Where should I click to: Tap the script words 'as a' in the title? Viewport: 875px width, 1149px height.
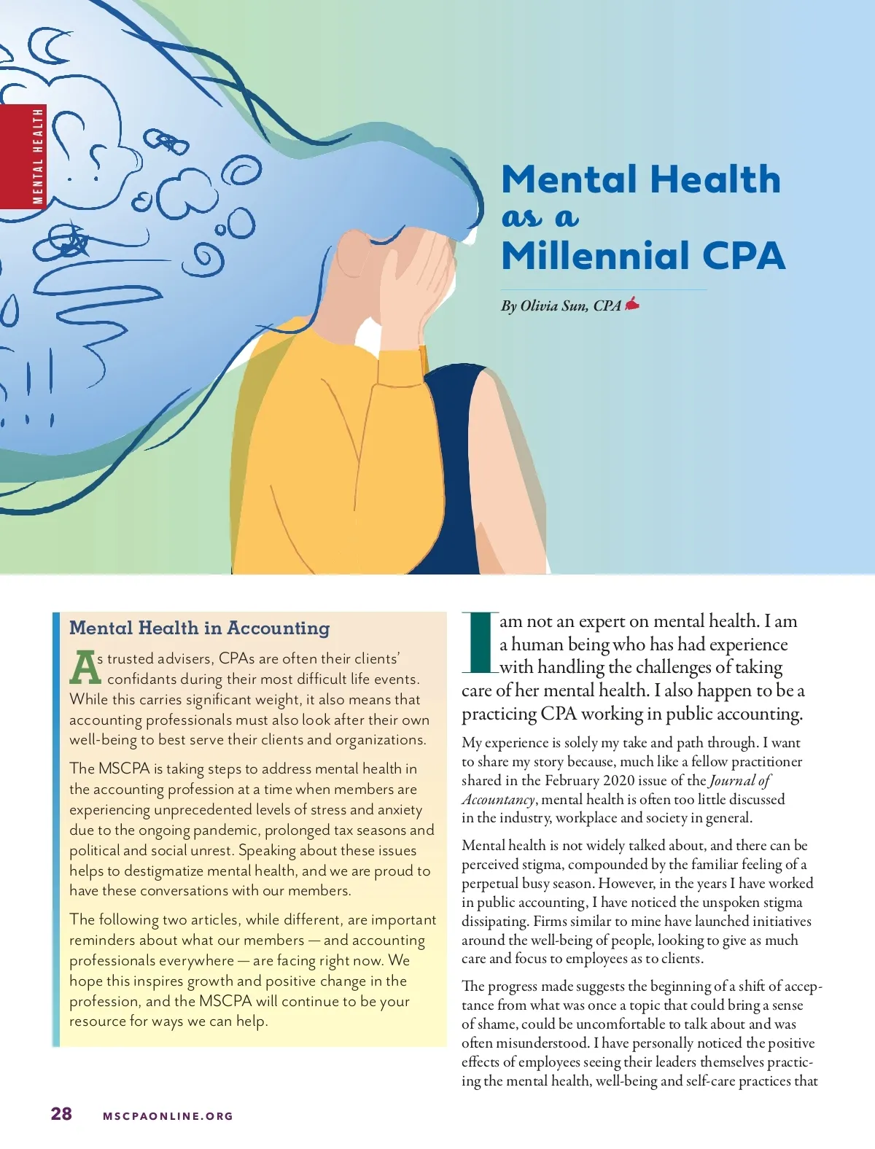540,217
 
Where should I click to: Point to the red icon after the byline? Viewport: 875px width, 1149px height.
632,303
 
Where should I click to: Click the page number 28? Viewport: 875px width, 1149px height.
61,1113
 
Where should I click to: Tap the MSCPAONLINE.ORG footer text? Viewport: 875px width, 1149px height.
168,1115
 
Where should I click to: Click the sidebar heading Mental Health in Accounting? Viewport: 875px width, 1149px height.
199,628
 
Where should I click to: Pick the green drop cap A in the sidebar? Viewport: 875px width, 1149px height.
85,667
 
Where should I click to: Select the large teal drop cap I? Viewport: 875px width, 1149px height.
479,642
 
